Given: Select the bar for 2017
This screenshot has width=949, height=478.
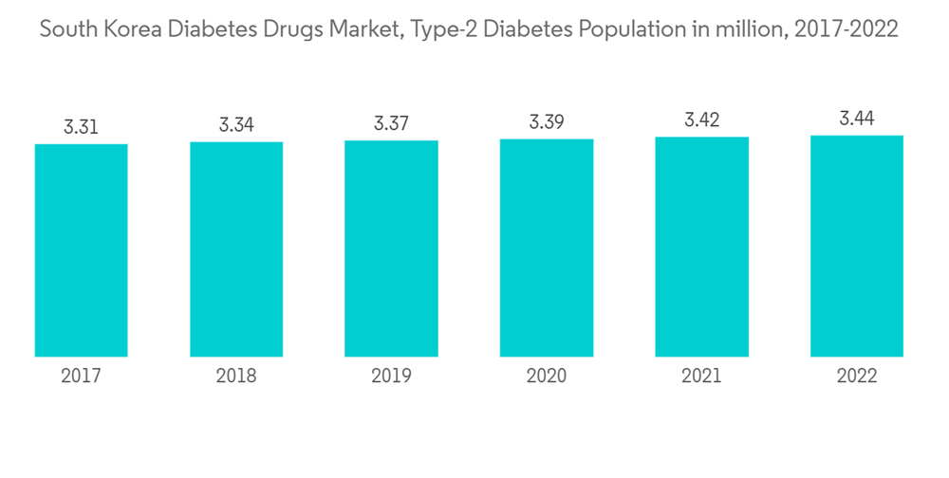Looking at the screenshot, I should coord(82,250).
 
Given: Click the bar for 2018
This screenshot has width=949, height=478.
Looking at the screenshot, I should coord(236,249).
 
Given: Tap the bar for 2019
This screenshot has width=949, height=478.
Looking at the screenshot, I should coord(391,248).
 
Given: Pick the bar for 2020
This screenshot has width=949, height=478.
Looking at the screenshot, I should coord(547,248).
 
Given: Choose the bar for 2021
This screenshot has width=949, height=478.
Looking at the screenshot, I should coord(701,247).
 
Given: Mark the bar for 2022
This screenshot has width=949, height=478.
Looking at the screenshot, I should coord(857,246).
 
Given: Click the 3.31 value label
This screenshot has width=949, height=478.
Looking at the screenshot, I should coord(82,127).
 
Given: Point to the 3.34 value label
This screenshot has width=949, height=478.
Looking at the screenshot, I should coord(236,125).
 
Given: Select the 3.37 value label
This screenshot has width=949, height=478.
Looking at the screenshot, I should coord(391,123).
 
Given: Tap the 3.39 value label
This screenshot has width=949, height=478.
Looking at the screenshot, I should coord(547,122).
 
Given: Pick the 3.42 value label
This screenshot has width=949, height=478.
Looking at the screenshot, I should coord(701,120).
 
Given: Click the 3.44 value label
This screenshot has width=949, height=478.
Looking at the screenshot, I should coord(857,119).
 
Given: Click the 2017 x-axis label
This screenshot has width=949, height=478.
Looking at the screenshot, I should coord(82,377).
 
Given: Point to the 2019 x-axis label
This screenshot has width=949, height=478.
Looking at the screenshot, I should coord(391,377).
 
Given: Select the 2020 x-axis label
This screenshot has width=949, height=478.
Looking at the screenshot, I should coord(547,377).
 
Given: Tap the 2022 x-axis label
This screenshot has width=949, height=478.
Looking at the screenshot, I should coord(857,377).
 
